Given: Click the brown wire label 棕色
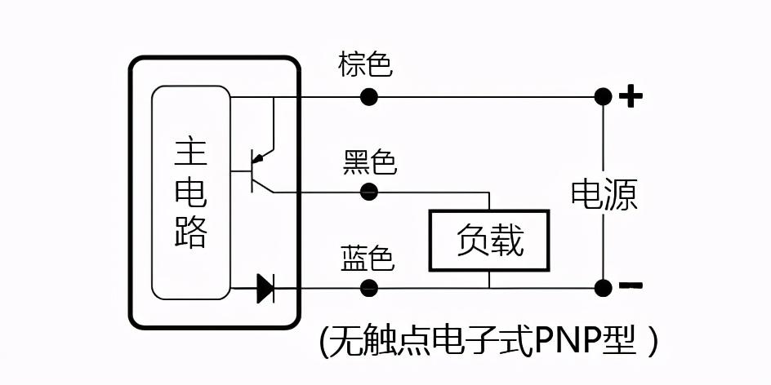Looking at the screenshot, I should [365, 64].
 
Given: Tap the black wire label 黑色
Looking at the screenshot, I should [369, 162].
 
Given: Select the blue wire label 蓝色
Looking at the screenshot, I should [367, 259].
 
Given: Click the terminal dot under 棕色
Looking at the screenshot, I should [369, 97].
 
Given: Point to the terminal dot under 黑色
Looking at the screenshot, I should [369, 192].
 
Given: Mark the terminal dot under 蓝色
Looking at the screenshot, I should [369, 288].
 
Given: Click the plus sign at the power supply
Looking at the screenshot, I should [631, 97].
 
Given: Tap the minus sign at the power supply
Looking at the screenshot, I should [631, 285].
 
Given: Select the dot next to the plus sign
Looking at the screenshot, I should [603, 97].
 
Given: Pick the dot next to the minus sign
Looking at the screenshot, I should [603, 288].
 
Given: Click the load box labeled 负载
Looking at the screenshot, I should [489, 241].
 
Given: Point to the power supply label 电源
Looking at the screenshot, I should [604, 194].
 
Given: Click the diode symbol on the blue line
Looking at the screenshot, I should [265, 288].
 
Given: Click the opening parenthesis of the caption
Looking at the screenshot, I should [323, 342].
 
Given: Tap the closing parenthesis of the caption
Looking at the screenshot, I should [651, 342].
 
